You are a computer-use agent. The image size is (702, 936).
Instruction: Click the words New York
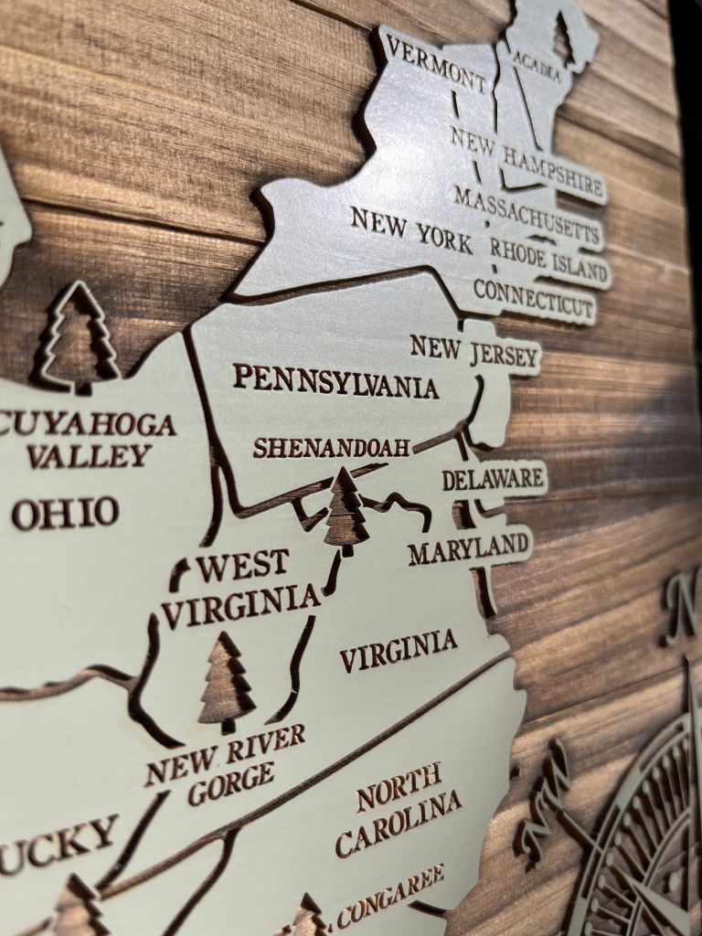point(411,229)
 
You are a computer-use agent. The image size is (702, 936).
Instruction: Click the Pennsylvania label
point(335,380)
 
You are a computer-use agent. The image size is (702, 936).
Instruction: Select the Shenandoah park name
point(331,447)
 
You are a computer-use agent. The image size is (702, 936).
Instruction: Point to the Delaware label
point(493,477)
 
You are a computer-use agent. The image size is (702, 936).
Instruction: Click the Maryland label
point(468,548)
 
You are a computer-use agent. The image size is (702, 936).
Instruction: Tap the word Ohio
point(65,513)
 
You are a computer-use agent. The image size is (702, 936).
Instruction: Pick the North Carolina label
point(397,809)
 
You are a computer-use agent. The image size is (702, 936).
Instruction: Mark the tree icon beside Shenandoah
point(346,511)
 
